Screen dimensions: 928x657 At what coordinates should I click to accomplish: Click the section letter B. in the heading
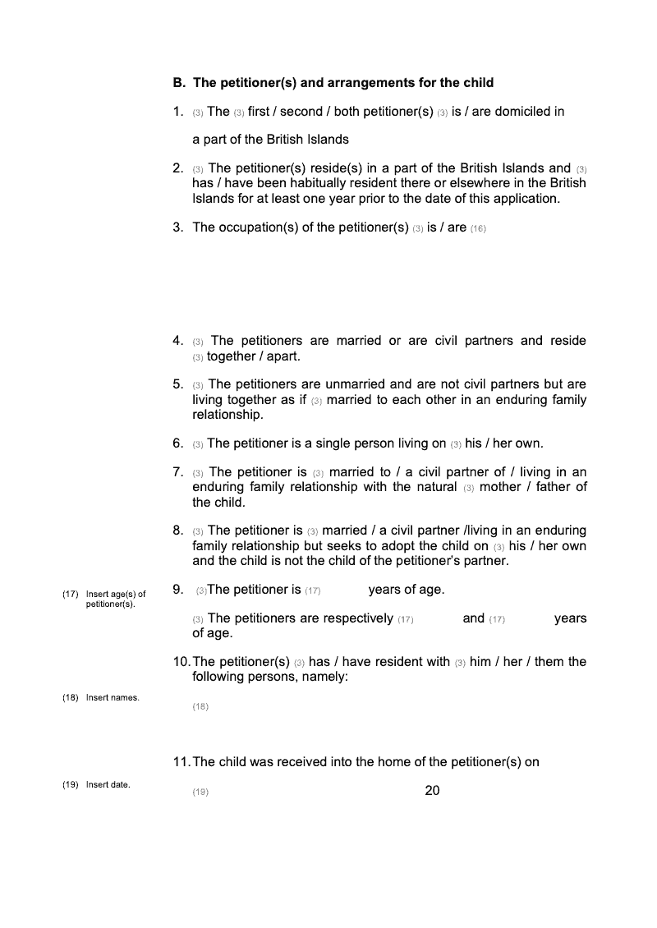(x=179, y=83)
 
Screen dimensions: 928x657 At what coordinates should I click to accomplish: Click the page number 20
(x=433, y=791)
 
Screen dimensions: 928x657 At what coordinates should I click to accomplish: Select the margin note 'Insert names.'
(x=113, y=698)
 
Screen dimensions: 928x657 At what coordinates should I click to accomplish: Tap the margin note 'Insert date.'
(x=108, y=785)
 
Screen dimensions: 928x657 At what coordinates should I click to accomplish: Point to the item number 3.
(x=177, y=227)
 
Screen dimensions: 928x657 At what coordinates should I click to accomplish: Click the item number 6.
(x=177, y=443)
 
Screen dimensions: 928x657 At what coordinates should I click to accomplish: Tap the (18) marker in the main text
(x=200, y=707)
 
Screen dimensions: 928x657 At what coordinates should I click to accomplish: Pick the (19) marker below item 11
(x=200, y=792)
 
